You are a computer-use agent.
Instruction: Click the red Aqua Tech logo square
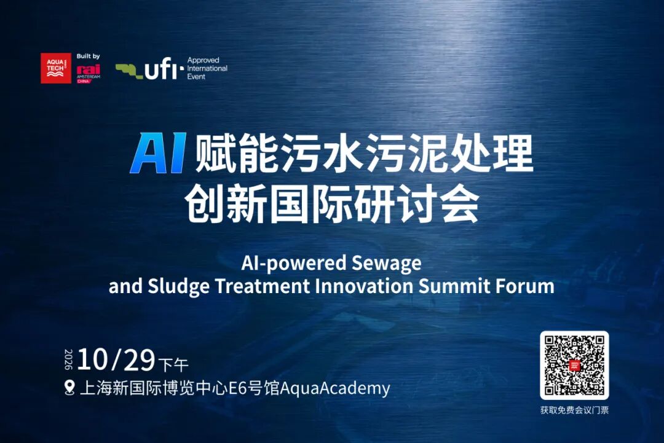(x=56, y=68)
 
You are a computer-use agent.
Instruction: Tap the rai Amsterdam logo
(x=89, y=73)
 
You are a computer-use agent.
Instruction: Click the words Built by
(x=88, y=57)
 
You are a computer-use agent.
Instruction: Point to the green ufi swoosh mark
(x=130, y=71)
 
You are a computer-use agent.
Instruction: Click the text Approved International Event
(x=207, y=68)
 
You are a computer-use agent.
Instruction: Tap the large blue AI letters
(x=158, y=153)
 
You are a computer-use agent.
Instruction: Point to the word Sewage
(x=386, y=263)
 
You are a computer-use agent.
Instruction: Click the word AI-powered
(x=294, y=263)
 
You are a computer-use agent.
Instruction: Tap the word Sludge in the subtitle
(x=178, y=286)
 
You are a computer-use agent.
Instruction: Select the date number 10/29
(x=116, y=360)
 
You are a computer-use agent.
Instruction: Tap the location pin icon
(x=69, y=388)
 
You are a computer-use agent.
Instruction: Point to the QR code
(x=574, y=366)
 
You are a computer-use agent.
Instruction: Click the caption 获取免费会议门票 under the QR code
(x=574, y=410)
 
